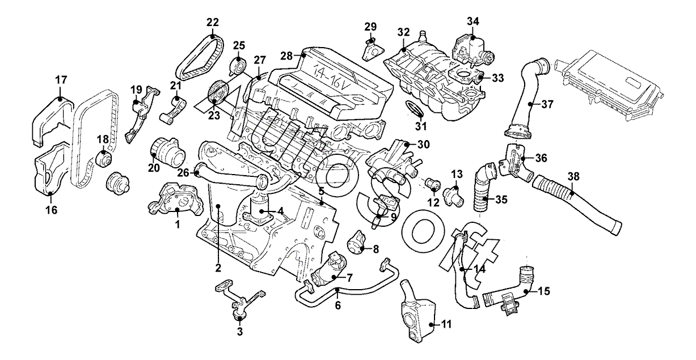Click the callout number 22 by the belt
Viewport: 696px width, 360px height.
point(213,23)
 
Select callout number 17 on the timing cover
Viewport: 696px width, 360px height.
point(61,81)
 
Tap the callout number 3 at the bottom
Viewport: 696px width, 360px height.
point(239,332)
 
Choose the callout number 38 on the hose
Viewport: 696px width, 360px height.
point(574,176)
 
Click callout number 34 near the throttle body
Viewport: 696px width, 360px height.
point(473,22)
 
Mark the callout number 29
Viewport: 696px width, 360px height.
point(370,26)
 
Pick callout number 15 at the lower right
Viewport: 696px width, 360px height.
point(543,292)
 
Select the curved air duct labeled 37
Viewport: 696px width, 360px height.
point(525,96)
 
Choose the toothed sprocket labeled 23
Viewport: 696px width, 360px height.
point(216,92)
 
